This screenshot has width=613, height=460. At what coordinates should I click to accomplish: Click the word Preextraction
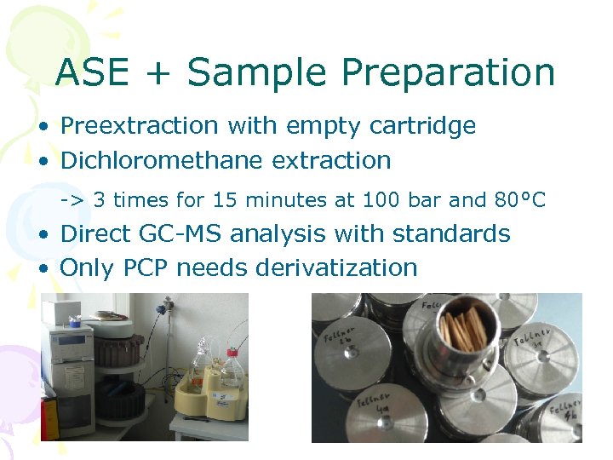pos(140,126)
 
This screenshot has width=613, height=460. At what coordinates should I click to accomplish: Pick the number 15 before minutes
pos(224,200)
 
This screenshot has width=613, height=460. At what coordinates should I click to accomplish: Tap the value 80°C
pos(518,200)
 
